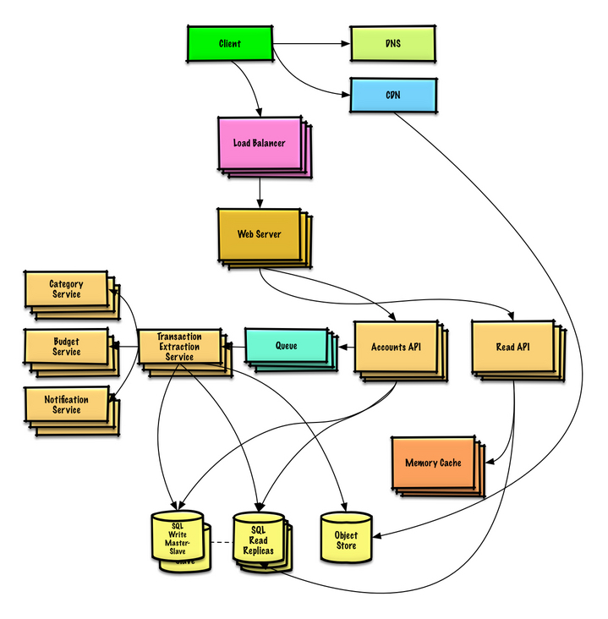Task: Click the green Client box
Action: tap(229, 43)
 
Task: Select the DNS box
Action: tap(393, 43)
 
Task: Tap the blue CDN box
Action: tap(393, 95)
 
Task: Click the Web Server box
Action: tap(259, 233)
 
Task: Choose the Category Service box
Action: tap(66, 289)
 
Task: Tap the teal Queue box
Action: tap(286, 346)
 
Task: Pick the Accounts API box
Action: tap(396, 347)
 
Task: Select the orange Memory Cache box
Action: tap(433, 463)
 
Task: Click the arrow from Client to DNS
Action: tap(311, 43)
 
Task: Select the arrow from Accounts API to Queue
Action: tap(345, 346)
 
